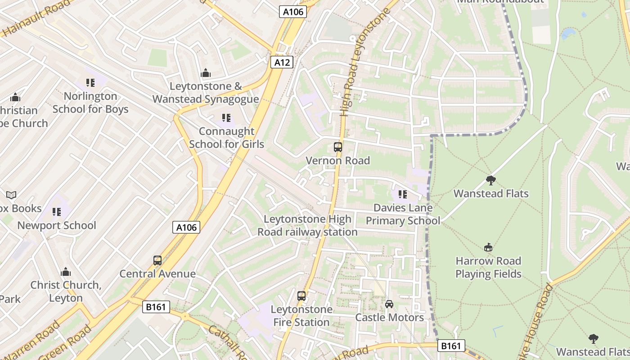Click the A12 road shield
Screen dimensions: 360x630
point(282,62)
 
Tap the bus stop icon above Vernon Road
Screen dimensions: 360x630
point(337,147)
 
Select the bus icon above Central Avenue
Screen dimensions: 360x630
point(157,260)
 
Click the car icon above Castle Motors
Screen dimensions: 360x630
point(389,304)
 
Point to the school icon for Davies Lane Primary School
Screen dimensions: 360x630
point(402,194)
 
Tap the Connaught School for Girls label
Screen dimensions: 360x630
point(226,138)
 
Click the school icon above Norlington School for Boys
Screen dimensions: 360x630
point(90,83)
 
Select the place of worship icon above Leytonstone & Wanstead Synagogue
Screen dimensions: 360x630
point(206,73)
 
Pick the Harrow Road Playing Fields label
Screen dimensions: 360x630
point(488,267)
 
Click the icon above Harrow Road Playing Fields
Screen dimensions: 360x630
point(488,247)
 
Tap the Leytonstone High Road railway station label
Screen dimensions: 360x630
point(307,225)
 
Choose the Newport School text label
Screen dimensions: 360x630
point(57,225)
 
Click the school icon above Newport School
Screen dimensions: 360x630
point(57,211)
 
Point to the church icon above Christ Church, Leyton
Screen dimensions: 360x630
point(66,272)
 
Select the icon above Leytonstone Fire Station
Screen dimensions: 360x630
point(301,296)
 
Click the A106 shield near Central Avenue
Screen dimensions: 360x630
point(186,227)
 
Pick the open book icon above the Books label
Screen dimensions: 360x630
point(11,195)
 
